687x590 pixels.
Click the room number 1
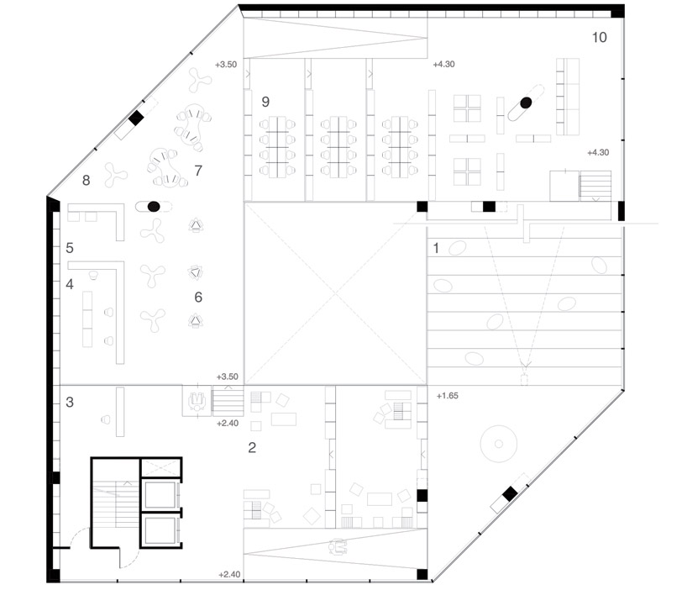(436, 248)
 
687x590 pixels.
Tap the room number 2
(252, 447)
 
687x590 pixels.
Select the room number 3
(70, 402)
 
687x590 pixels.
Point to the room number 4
(70, 284)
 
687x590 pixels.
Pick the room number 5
(70, 248)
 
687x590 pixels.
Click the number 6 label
(198, 298)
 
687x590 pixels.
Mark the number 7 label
(198, 170)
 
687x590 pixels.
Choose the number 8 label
(87, 180)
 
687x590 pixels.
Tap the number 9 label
(265, 102)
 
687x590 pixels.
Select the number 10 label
(600, 38)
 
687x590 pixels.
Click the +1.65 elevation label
(448, 396)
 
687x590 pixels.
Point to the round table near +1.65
(498, 444)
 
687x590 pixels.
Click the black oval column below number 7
(154, 207)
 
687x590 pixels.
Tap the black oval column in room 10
(526, 103)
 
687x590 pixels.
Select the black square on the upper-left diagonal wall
(136, 118)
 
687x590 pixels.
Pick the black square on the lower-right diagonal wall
(509, 494)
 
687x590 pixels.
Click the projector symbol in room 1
(524, 378)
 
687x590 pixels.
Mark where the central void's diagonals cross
(336, 293)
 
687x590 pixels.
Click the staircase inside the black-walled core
(116, 504)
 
